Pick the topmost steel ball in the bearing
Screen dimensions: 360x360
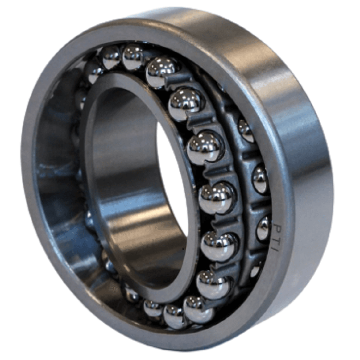(132, 57)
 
